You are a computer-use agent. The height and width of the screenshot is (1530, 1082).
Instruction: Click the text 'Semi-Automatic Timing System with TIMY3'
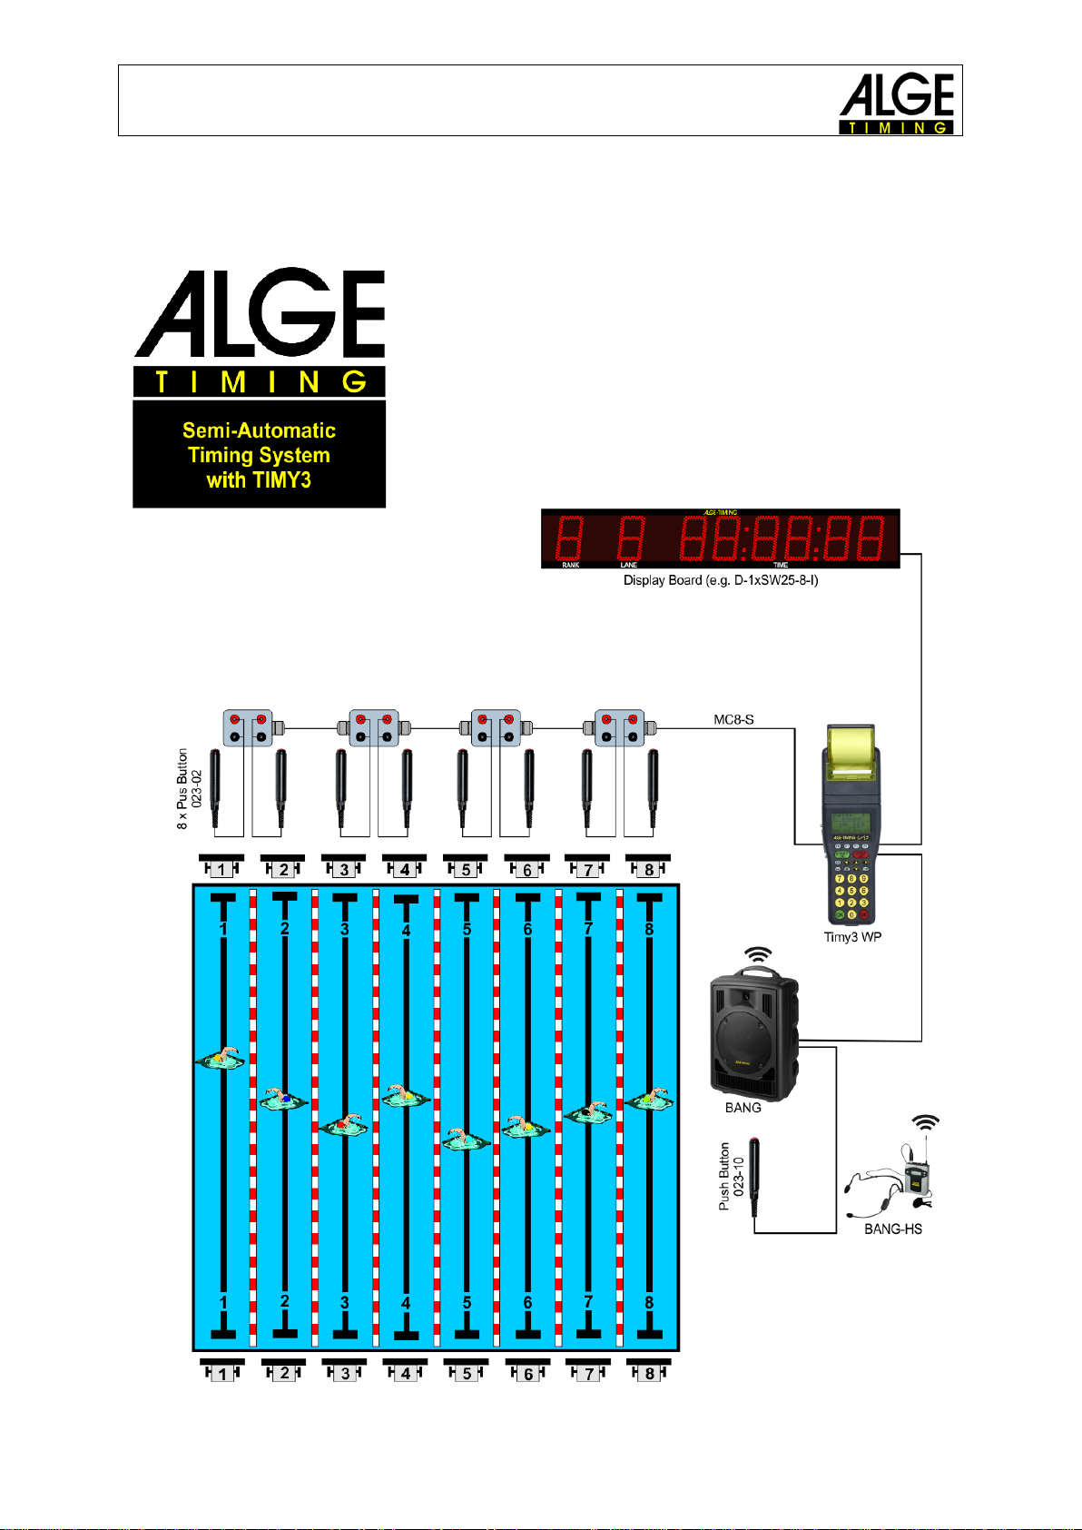coord(259,455)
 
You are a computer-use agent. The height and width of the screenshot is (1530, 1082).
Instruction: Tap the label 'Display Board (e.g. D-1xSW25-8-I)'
coord(720,580)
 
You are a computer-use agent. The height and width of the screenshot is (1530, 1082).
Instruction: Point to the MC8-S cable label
coord(733,720)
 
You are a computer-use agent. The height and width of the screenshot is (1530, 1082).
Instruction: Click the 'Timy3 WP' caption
coord(852,937)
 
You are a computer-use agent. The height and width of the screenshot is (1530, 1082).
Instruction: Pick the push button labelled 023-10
coord(754,1176)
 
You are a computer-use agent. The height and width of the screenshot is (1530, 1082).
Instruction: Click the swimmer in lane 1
coord(221,1059)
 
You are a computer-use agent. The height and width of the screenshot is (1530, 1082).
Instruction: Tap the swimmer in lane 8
coord(649,1101)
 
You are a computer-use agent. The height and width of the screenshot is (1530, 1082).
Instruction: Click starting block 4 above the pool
coord(405,867)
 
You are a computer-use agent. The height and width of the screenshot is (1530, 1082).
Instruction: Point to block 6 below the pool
coord(527,1371)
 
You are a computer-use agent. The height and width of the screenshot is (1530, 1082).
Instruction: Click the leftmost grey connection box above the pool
coord(249,728)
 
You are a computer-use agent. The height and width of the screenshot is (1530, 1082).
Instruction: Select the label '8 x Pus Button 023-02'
coord(189,788)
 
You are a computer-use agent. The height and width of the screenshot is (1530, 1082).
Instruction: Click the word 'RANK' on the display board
coord(570,565)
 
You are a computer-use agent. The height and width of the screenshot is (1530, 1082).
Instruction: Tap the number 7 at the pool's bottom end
coord(588,1302)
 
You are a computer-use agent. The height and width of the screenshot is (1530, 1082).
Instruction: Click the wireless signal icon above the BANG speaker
coord(758,955)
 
